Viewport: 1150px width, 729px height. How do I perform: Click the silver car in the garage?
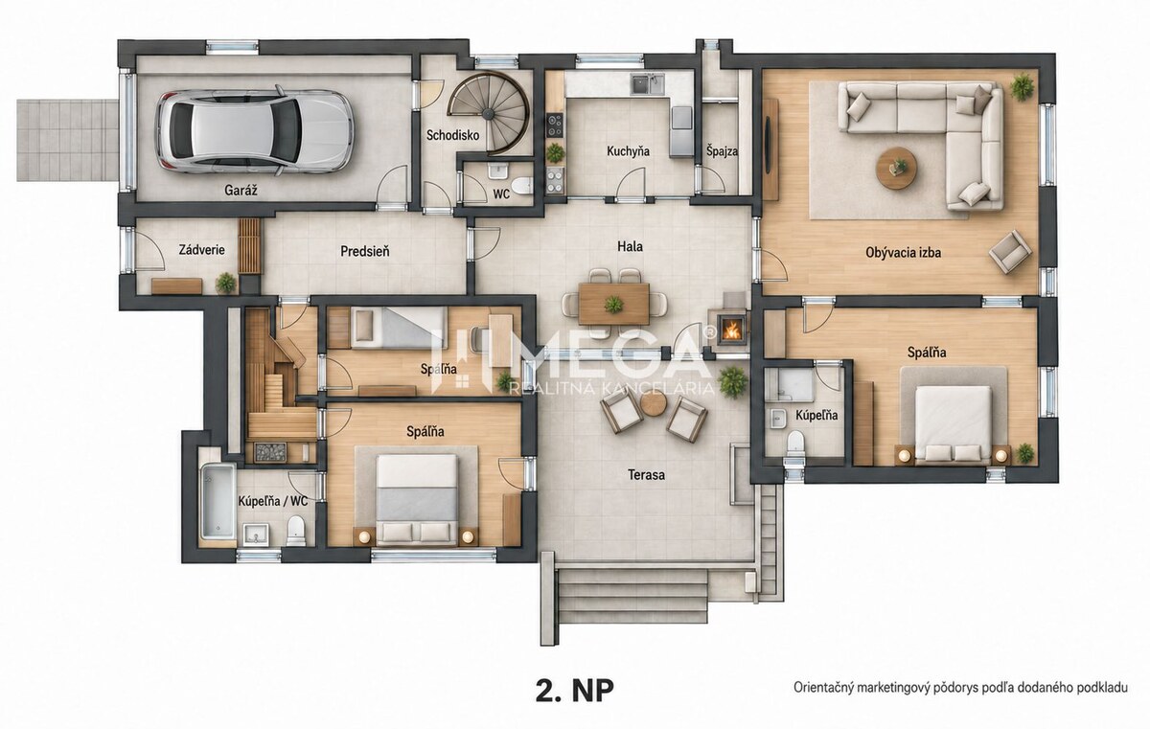click(255, 130)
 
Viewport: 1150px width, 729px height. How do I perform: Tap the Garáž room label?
click(241, 191)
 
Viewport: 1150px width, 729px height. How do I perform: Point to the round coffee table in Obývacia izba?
click(896, 169)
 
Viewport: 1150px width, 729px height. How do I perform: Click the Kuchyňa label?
click(628, 151)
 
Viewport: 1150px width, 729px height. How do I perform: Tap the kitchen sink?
click(648, 84)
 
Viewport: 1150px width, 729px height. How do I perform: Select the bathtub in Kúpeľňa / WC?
click(218, 501)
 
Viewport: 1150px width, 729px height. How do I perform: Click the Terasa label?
click(646, 474)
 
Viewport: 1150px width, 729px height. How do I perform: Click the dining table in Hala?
click(613, 304)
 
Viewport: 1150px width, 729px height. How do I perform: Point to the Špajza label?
click(722, 151)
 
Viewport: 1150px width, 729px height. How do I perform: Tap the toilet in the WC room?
click(522, 185)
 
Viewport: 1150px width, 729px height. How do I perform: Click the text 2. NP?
click(574, 691)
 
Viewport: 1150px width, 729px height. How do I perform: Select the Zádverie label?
click(202, 250)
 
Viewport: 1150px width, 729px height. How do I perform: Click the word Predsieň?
click(364, 251)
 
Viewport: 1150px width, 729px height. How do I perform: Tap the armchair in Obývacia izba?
click(1010, 251)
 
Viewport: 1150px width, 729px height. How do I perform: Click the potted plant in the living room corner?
click(1023, 86)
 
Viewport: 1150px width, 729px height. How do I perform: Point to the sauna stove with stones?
click(270, 453)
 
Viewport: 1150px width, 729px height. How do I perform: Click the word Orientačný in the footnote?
click(821, 688)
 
